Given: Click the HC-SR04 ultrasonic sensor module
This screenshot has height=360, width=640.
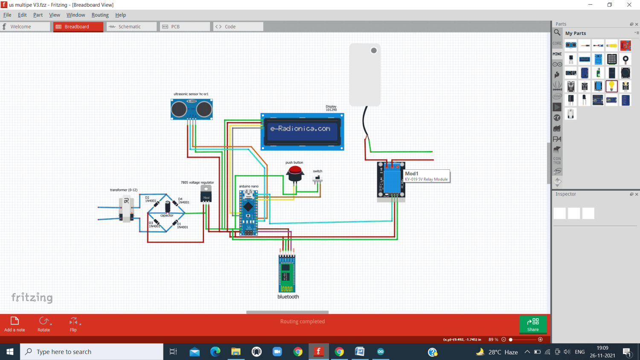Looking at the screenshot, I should click(x=192, y=109).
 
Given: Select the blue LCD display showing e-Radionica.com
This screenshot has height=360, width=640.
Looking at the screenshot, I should click(x=302, y=131).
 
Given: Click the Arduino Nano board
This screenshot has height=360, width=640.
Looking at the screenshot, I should click(x=248, y=212).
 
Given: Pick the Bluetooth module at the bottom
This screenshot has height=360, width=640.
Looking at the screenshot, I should click(x=287, y=273).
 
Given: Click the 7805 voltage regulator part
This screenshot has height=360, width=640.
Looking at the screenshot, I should click(x=206, y=194).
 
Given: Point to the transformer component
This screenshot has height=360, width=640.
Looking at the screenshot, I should click(x=126, y=209).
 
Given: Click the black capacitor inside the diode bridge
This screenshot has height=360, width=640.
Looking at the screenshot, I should click(x=168, y=207).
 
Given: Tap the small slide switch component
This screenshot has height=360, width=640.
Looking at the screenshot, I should click(x=317, y=178).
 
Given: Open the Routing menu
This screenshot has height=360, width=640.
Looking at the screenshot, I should click(x=100, y=15).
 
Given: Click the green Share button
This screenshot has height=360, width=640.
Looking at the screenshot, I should click(x=533, y=325).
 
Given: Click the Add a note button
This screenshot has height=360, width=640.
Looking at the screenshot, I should click(x=15, y=324).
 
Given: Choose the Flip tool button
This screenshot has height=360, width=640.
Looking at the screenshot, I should click(x=73, y=324).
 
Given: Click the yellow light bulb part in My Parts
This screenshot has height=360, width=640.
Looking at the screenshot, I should click(x=611, y=86).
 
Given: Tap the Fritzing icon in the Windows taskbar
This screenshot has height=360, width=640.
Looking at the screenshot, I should click(x=318, y=351).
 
